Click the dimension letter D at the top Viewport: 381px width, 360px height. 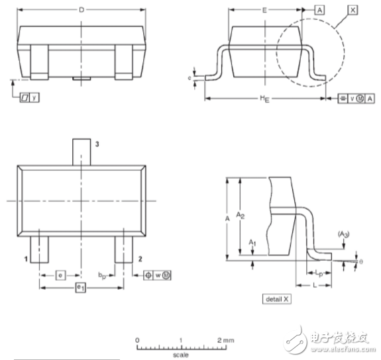[81, 10]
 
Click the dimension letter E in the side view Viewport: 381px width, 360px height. [265, 11]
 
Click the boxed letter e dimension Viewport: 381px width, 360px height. [60, 274]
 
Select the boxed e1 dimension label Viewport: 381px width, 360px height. [80, 287]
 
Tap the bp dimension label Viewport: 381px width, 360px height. [102, 274]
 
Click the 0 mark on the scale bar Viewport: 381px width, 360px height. [137, 339]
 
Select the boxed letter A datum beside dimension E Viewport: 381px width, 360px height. [321, 11]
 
